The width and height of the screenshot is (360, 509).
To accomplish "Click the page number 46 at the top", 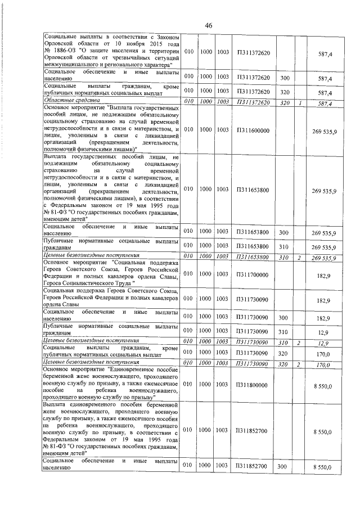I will [208, 25].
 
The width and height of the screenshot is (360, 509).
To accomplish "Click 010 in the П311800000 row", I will [188, 385].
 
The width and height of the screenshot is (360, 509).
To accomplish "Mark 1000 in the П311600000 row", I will [205, 130].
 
